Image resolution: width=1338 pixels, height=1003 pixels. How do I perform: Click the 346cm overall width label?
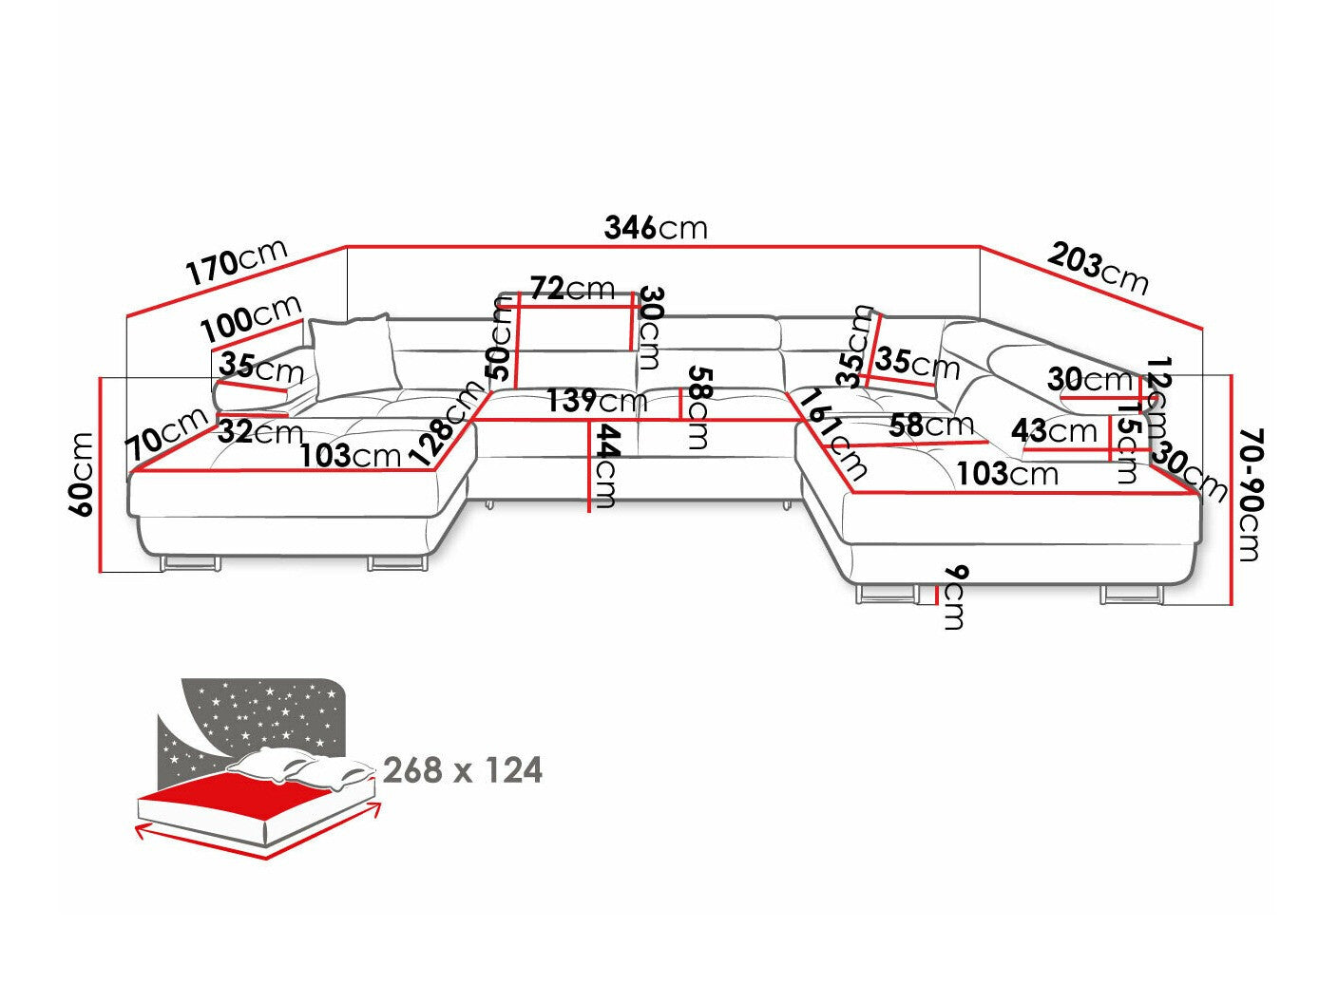click(x=656, y=228)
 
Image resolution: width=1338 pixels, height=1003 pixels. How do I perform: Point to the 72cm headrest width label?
click(x=572, y=287)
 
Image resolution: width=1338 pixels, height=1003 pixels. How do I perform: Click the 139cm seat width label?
click(x=596, y=401)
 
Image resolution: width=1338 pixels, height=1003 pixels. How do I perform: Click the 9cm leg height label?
click(x=954, y=596)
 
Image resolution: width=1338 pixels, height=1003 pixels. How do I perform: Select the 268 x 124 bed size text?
click(x=463, y=769)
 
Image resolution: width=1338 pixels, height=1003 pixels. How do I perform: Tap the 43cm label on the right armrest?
click(x=1054, y=430)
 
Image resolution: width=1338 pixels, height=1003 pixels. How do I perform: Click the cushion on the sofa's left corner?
click(x=352, y=355)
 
